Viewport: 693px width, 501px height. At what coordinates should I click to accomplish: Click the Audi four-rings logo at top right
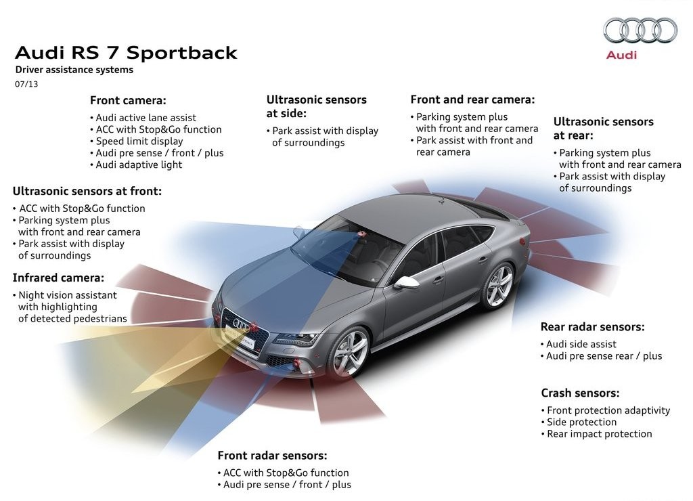640,30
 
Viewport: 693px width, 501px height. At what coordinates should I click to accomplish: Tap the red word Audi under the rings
621,55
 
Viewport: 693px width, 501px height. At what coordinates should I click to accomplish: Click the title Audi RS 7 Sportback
126,53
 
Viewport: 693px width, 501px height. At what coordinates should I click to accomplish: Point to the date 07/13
26,84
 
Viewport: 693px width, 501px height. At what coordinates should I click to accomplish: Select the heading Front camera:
128,100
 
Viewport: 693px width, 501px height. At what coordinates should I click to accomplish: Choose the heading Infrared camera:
58,278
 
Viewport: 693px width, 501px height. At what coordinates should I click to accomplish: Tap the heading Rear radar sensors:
592,327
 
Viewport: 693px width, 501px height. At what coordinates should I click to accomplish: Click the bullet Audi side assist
579,344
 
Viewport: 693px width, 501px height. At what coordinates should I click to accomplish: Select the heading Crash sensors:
580,393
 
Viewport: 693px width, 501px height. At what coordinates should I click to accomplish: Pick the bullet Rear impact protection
597,434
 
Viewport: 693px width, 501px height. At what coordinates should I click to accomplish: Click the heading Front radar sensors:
272,456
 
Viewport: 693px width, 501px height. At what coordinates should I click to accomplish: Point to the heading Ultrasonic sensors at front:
87,191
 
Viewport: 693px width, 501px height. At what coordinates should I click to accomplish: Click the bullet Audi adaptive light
137,165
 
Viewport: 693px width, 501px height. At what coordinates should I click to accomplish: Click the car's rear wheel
499,285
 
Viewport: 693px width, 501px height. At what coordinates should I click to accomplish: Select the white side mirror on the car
406,282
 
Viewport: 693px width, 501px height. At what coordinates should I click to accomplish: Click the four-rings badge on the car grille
242,324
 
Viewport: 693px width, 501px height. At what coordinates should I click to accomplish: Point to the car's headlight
294,340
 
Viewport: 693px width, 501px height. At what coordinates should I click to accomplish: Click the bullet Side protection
579,422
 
